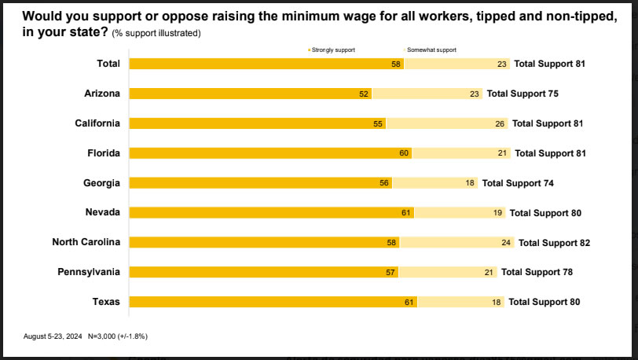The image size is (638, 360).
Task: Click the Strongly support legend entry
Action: (332, 50)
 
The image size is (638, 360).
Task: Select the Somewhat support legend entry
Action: (431, 50)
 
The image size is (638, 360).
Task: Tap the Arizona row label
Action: (102, 94)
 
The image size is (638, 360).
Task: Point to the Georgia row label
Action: (102, 183)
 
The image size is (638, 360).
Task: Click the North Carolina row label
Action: (86, 242)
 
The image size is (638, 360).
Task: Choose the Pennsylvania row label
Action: (89, 272)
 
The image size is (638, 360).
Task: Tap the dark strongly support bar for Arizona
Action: (244, 94)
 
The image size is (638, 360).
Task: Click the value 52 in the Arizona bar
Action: (364, 94)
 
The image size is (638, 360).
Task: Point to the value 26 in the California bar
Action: (500, 123)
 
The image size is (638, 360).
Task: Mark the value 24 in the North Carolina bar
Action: (506, 243)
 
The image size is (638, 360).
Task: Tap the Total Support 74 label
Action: (518, 183)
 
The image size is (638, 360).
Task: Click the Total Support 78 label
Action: (537, 272)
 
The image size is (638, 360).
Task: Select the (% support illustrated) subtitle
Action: (156, 33)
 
